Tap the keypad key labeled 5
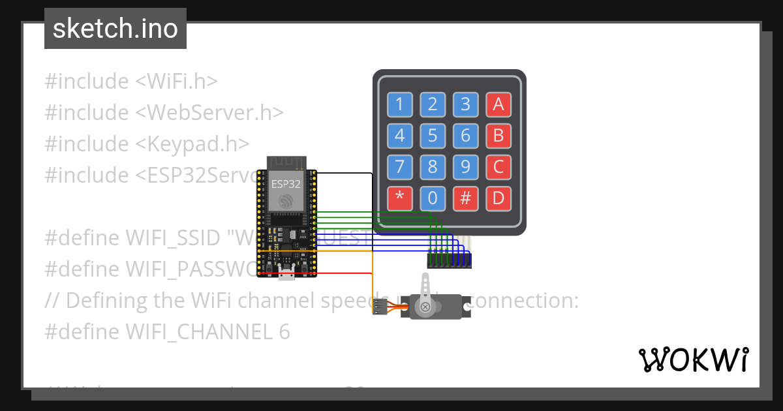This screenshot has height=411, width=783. (x=433, y=136)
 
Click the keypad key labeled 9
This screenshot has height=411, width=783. (x=465, y=167)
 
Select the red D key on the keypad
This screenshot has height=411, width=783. (x=499, y=198)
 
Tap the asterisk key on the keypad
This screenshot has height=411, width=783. (x=399, y=198)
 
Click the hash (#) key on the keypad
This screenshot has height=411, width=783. (x=465, y=198)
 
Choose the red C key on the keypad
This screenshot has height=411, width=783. (x=499, y=167)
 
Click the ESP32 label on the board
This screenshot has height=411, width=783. (x=286, y=184)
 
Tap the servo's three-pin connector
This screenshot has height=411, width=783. (x=380, y=305)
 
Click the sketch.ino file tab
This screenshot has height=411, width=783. (x=115, y=29)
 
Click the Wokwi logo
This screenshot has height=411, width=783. (x=693, y=359)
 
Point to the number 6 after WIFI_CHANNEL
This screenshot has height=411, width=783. (x=283, y=332)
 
